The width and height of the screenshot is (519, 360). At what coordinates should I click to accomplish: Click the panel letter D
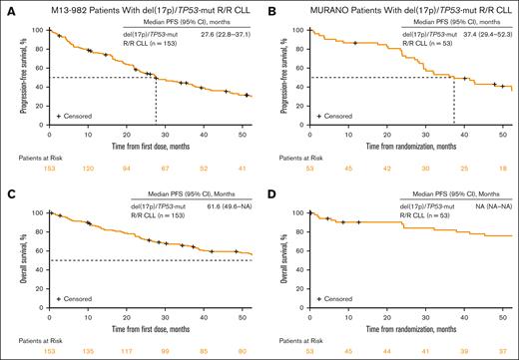[271, 187]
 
